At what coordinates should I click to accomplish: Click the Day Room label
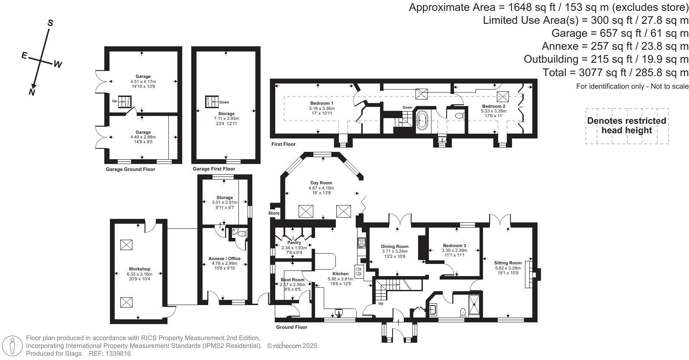pos(321,183)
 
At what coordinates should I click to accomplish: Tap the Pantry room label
pos(294,243)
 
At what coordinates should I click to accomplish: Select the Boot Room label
pos(293,280)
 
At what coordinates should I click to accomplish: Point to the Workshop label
pos(139,269)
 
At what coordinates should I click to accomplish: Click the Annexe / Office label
pos(225,259)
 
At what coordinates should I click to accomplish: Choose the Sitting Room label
pos(508,263)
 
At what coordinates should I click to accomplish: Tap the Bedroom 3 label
pos(454,246)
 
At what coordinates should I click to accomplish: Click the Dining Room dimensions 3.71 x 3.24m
pos(395,251)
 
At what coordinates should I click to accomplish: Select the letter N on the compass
pos(32,92)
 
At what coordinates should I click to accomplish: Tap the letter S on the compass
pos(50,23)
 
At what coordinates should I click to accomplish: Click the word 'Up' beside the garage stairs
pos(114,101)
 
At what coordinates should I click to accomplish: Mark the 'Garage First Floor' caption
pos(214,169)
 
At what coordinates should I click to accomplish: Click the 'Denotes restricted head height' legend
pos(627,125)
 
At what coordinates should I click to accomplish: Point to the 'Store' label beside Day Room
pos(274,213)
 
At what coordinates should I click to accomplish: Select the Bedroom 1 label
pos(322,103)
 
